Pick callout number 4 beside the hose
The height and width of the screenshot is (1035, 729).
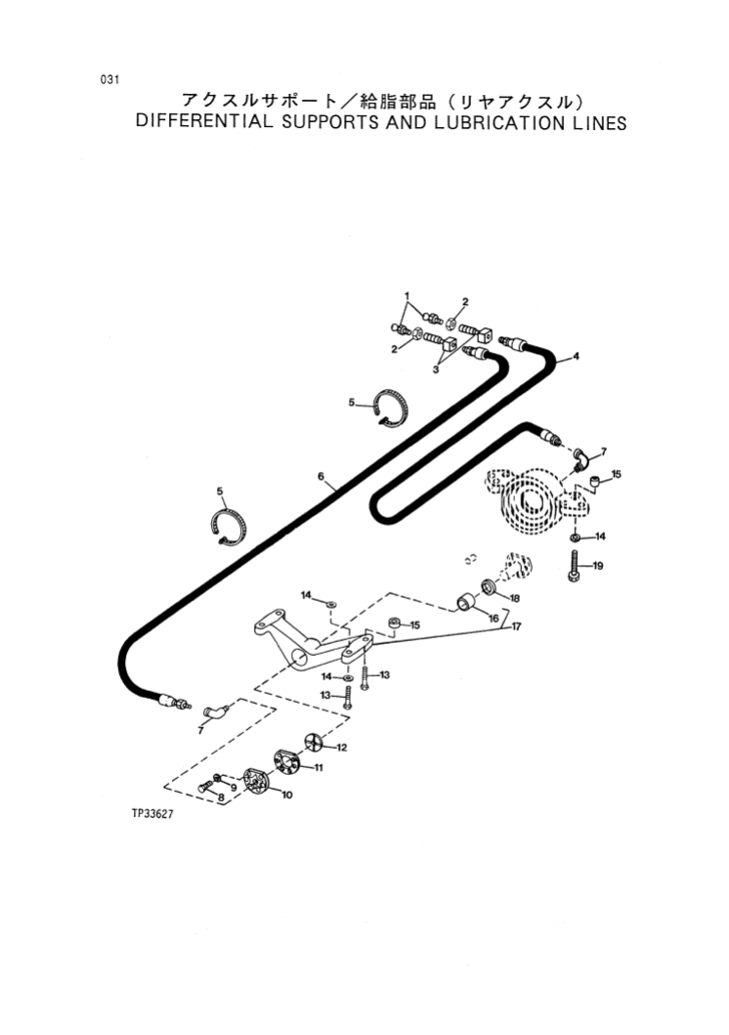coord(577,356)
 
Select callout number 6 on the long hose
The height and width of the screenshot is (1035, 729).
coord(320,477)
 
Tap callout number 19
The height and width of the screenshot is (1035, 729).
coord(598,566)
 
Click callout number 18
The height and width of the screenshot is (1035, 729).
coord(514,598)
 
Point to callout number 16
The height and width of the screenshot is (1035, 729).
coord(493,618)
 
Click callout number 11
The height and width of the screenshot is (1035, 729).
coord(318,769)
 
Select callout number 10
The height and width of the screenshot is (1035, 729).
coord(286,795)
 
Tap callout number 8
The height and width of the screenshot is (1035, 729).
coord(221,798)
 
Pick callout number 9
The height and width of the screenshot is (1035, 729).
coord(234,787)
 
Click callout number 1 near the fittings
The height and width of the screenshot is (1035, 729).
coord(408,296)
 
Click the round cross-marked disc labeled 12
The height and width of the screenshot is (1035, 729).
coord(312,742)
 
